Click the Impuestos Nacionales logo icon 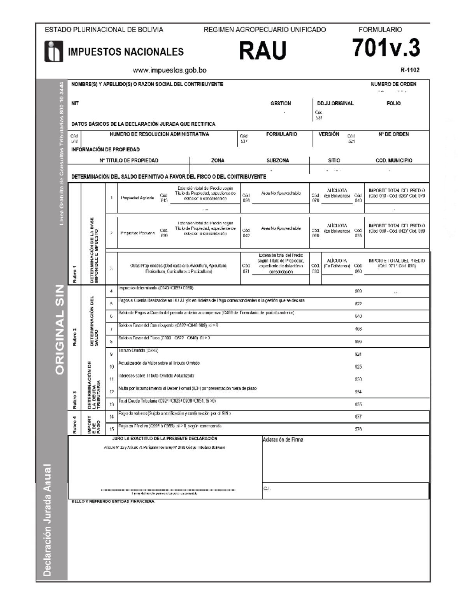pyautogui.click(x=54, y=51)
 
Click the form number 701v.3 pyautogui.click(x=386, y=48)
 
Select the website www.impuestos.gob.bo pyautogui.click(x=169, y=71)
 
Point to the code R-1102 pyautogui.click(x=410, y=71)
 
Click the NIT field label pyautogui.click(x=75, y=104)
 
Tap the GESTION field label pyautogui.click(x=281, y=104)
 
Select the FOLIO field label pyautogui.click(x=393, y=104)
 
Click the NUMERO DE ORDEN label pyautogui.click(x=393, y=84)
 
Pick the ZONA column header pyautogui.click(x=218, y=161)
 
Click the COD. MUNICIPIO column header pyautogui.click(x=394, y=161)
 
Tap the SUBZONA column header pyautogui.click(x=277, y=161)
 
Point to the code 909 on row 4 pyautogui.click(x=358, y=291)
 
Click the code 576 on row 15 pyautogui.click(x=358, y=429)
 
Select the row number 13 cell pyautogui.click(x=111, y=404)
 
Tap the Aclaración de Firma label pyautogui.click(x=283, y=440)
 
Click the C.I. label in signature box pyautogui.click(x=267, y=489)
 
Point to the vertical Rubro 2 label pyautogui.click(x=74, y=337)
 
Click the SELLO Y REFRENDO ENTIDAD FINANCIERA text pyautogui.click(x=113, y=502)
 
